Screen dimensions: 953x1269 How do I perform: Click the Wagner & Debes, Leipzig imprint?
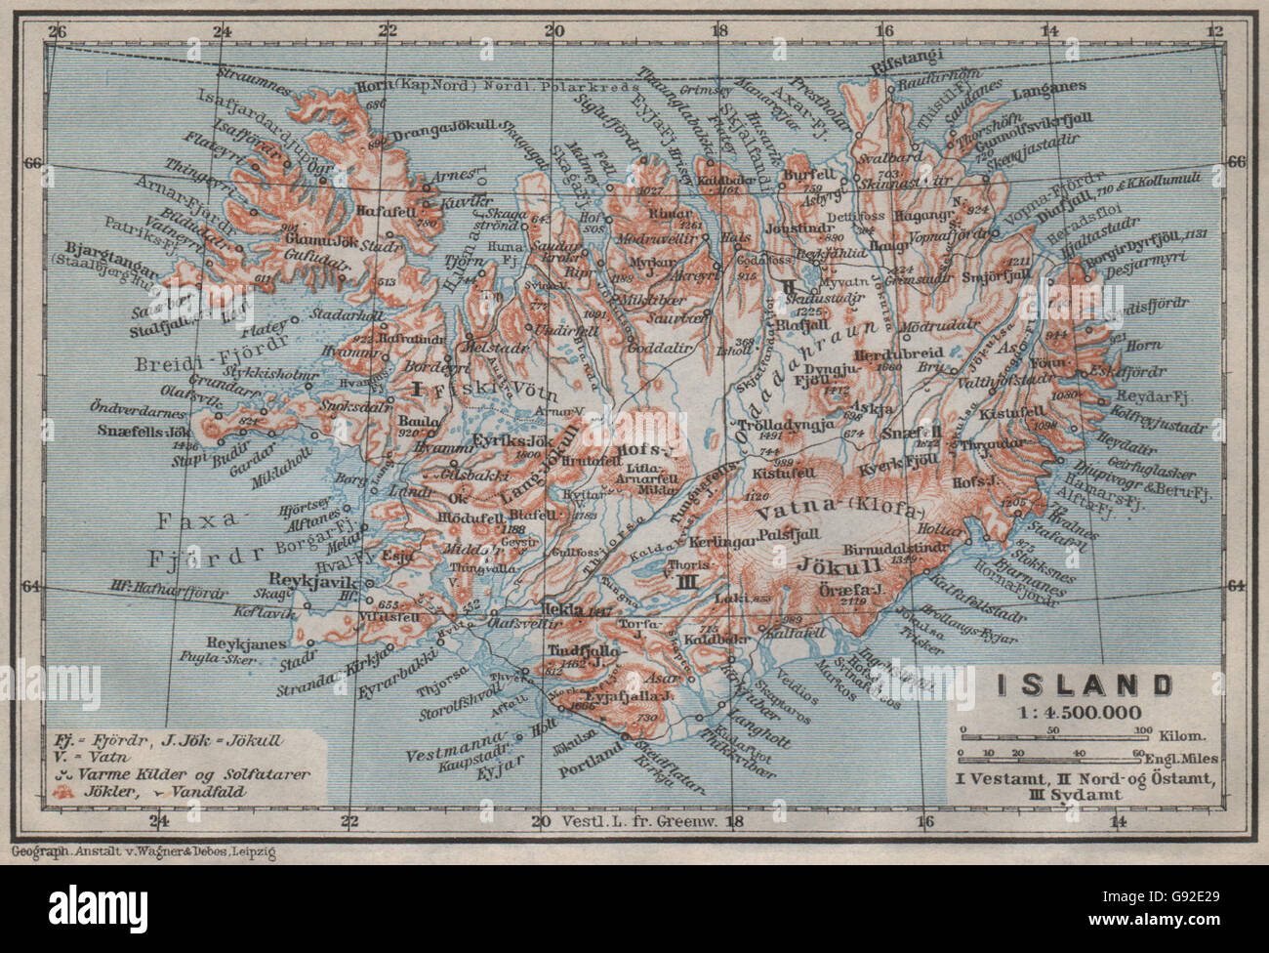click(143, 852)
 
